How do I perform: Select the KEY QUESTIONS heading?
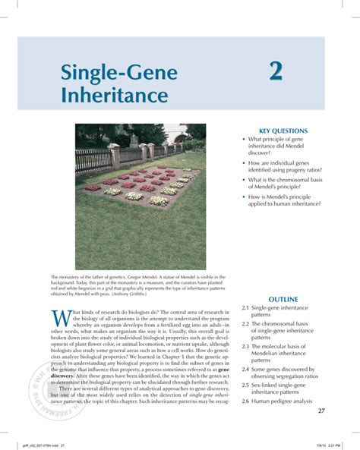coord(276,131)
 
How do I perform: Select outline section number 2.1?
coord(245,309)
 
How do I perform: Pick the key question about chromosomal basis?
coord(285,183)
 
